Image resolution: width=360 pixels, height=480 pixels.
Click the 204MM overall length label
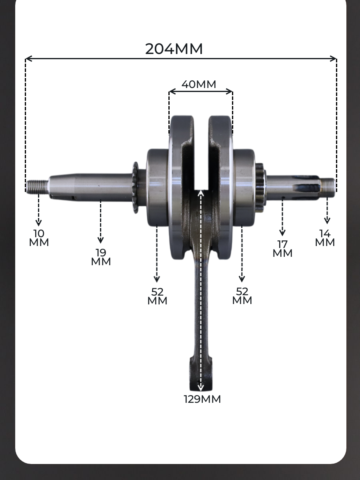pyautogui.click(x=174, y=49)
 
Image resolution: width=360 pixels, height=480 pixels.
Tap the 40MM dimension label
pyautogui.click(x=199, y=84)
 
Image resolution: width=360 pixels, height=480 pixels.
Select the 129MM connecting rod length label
pyautogui.click(x=202, y=399)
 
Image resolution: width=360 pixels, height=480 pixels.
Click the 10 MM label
pyautogui.click(x=39, y=238)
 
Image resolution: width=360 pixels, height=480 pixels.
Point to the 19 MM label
pyautogui.click(x=101, y=257)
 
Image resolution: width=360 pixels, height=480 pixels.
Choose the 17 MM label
pyautogui.click(x=282, y=249)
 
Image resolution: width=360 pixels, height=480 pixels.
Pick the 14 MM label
pyautogui.click(x=325, y=238)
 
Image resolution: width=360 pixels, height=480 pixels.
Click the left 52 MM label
pyautogui.click(x=157, y=296)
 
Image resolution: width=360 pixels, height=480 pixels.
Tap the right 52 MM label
pyautogui.click(x=242, y=296)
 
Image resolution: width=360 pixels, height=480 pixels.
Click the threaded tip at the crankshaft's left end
pyautogui.click(x=37, y=187)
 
